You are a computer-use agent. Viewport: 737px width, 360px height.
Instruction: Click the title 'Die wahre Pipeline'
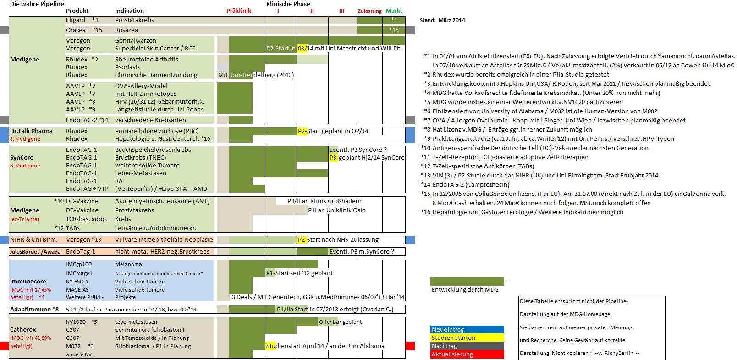pyautogui.click(x=37, y=4)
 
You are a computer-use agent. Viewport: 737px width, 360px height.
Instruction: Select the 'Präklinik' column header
pyautogui.click(x=239, y=11)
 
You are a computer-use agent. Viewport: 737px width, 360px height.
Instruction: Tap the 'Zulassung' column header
pyautogui.click(x=369, y=11)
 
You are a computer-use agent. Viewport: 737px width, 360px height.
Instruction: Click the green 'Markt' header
pyautogui.click(x=394, y=11)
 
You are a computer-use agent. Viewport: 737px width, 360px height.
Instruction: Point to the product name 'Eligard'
pyautogui.click(x=76, y=20)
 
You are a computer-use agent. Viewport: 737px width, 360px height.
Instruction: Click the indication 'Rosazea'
pyautogui.click(x=126, y=30)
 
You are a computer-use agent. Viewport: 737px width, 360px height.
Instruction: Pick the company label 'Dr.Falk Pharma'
pyautogui.click(x=31, y=131)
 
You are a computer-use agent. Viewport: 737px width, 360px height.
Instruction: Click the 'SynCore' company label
pyautogui.click(x=22, y=158)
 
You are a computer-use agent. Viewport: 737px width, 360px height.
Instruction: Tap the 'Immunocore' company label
pyautogui.click(x=28, y=282)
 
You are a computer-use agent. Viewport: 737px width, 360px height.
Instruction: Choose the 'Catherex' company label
pyautogui.click(x=23, y=330)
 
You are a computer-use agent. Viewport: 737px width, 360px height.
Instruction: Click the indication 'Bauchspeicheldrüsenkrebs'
pyautogui.click(x=153, y=150)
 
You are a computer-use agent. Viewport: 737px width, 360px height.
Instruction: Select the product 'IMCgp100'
pyautogui.click(x=79, y=264)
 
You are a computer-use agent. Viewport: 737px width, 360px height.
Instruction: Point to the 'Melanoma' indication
pyautogui.click(x=128, y=264)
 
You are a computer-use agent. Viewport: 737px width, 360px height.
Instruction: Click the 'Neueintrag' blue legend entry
pyautogui.click(x=448, y=330)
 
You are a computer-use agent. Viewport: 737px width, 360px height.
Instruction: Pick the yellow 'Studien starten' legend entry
pyautogui.click(x=453, y=338)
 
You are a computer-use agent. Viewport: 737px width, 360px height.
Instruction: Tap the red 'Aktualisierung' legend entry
pyautogui.click(x=452, y=354)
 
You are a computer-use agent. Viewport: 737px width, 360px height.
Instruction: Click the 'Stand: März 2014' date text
pyautogui.click(x=442, y=20)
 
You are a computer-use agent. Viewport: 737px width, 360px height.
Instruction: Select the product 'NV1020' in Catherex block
pyautogui.click(x=76, y=322)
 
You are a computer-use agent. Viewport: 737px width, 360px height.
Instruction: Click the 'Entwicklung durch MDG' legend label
pyautogui.click(x=465, y=290)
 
